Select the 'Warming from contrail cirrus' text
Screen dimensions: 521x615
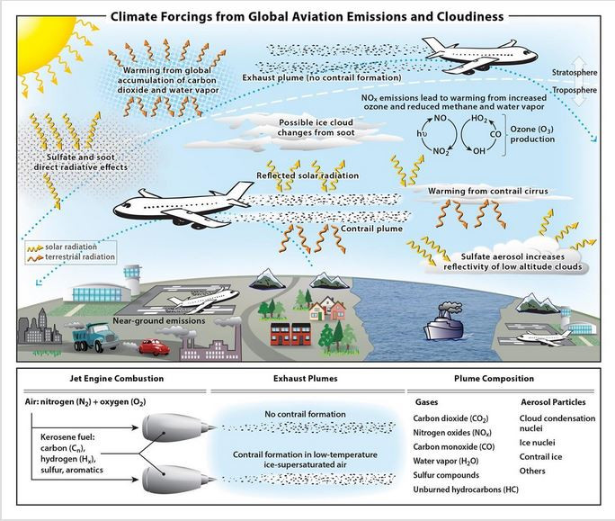490,191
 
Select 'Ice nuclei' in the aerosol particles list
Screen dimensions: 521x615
538,442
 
